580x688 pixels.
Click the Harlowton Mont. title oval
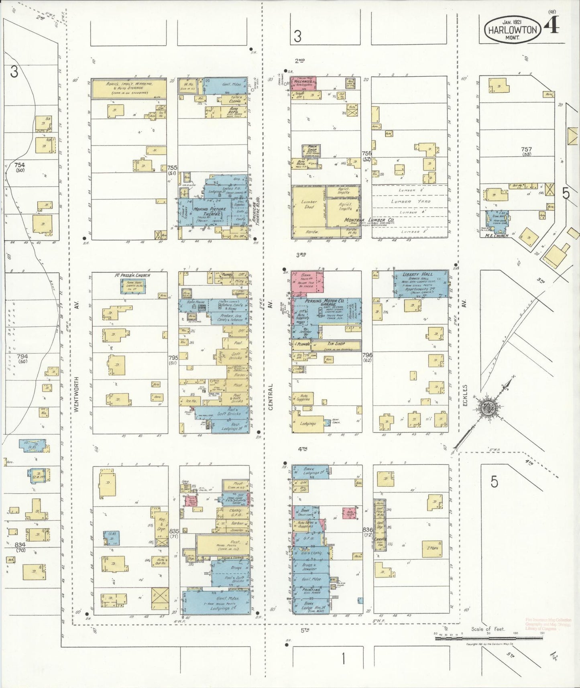tap(512, 31)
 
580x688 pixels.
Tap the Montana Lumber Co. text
tap(363, 220)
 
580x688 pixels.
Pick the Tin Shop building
tap(336, 344)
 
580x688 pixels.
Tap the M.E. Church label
tap(497, 236)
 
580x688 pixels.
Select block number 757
tap(526, 149)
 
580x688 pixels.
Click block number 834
tap(20, 545)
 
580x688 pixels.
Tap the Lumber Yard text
tap(411, 202)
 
